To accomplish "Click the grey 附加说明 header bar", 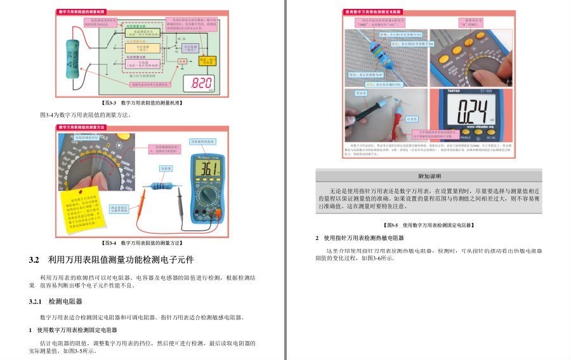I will click(x=429, y=176).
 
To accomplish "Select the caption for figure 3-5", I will click(x=429, y=225).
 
